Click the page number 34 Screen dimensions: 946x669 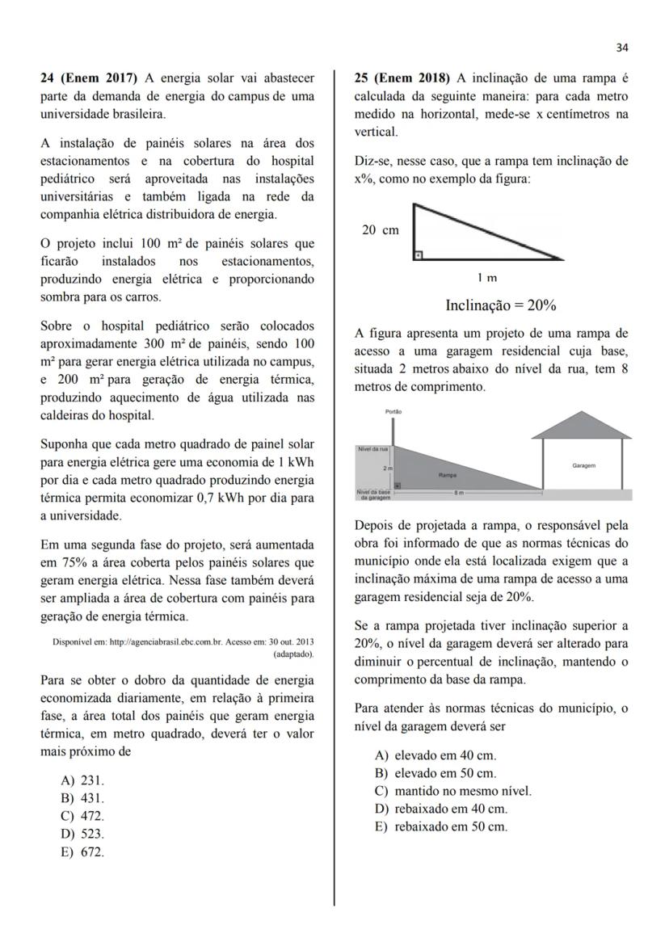point(621,48)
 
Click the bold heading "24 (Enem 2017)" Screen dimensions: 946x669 point(89,78)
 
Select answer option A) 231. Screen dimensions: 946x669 point(83,780)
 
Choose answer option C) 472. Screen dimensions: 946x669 point(83,816)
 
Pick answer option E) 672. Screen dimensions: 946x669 point(83,851)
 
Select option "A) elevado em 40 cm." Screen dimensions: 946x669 point(435,755)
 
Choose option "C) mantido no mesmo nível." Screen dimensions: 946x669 point(453,791)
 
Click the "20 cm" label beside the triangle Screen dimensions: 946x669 point(380,230)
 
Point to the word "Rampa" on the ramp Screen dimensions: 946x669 point(448,475)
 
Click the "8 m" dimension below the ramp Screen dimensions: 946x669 point(458,492)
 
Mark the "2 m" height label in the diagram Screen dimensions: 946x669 point(388,468)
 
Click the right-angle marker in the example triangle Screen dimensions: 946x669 point(418,255)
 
